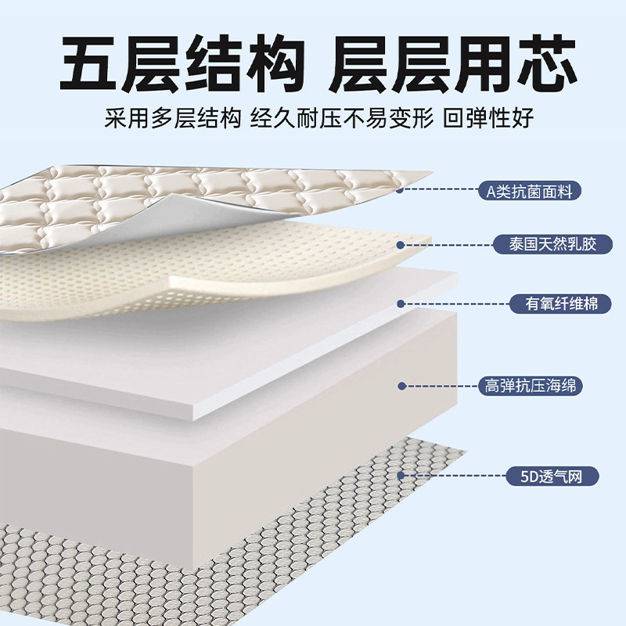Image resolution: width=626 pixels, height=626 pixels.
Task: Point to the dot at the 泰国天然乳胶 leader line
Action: coord(400,245)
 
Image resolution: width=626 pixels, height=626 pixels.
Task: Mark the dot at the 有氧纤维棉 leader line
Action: coord(400,303)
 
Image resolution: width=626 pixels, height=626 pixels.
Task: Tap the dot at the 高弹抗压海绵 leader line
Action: coord(400,386)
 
